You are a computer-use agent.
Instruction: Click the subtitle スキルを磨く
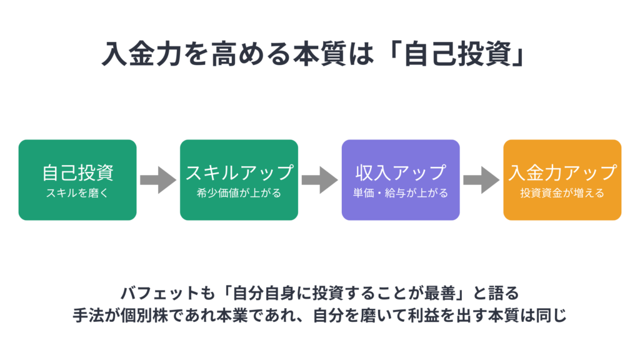(x=77, y=193)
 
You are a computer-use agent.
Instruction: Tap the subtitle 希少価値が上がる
(x=239, y=193)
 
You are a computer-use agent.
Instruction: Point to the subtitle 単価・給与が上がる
(x=401, y=193)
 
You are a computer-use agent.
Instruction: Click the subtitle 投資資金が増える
(x=562, y=193)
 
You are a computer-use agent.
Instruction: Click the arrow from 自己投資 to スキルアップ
(x=158, y=180)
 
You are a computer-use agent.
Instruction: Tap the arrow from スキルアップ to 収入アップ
(x=320, y=180)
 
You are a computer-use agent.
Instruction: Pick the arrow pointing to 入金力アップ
(x=481, y=180)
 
